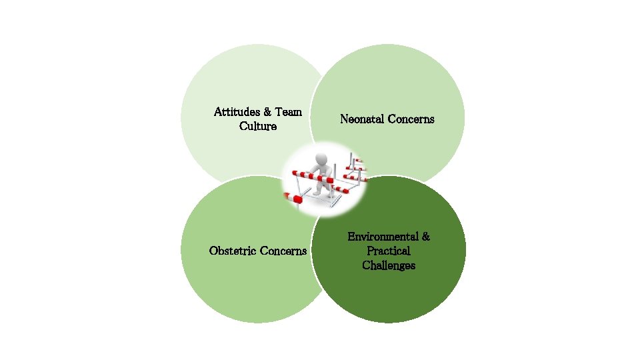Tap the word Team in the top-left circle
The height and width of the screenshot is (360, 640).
pyautogui.click(x=289, y=112)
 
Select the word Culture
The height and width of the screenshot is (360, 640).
pyautogui.click(x=257, y=126)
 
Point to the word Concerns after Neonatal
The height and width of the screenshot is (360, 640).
pyautogui.click(x=413, y=119)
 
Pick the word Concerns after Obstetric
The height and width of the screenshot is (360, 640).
pyautogui.click(x=283, y=251)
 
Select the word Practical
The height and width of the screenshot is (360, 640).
pyautogui.click(x=389, y=251)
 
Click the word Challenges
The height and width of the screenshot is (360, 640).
pyautogui.click(x=389, y=266)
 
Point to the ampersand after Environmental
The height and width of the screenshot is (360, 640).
pyautogui.click(x=426, y=237)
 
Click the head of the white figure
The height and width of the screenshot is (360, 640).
pyautogui.click(x=321, y=159)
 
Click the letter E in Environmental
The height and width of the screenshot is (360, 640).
pyautogui.click(x=351, y=237)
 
